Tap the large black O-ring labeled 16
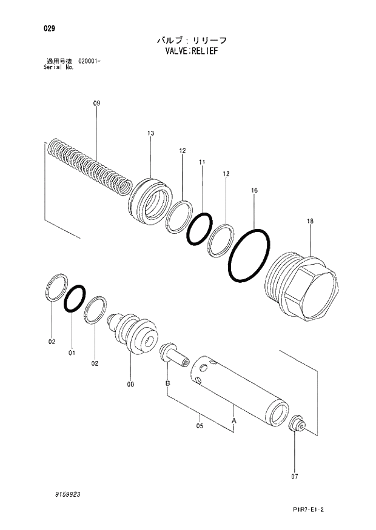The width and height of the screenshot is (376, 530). [249, 256]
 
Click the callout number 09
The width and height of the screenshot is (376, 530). [96, 104]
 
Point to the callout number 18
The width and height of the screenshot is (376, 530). [310, 222]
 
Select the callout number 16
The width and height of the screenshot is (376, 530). [254, 190]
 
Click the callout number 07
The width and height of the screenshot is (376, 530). [295, 476]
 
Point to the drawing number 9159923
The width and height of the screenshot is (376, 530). [67, 494]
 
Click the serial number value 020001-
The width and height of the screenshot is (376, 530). [89, 62]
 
